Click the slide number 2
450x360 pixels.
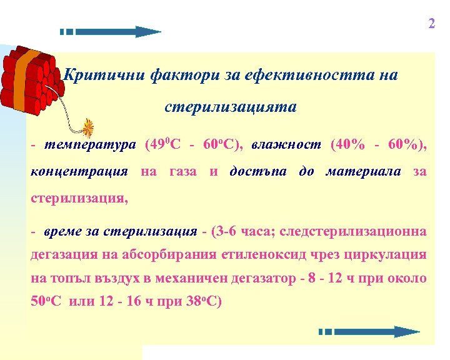(431, 24)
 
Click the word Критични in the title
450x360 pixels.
(105, 76)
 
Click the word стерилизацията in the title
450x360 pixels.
(231, 107)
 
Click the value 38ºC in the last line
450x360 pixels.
(201, 301)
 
